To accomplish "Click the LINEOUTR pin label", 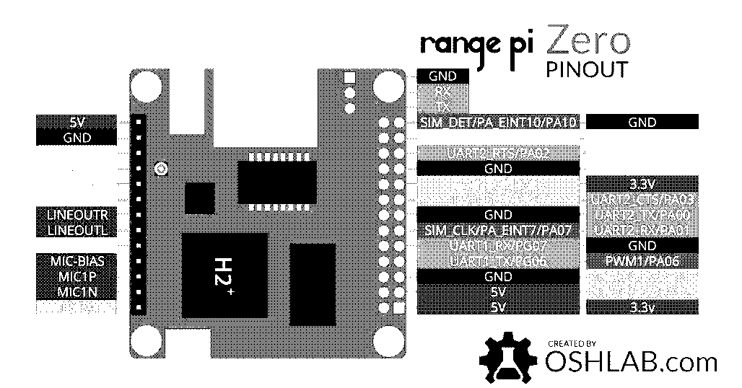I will (x=76, y=215).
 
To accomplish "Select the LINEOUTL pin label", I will (x=76, y=230).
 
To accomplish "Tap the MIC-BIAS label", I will (x=76, y=260).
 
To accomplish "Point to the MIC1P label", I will (x=76, y=276).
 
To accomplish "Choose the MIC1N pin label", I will (x=76, y=291).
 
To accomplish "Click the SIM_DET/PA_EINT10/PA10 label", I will (x=499, y=123).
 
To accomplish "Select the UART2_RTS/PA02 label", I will (x=499, y=153).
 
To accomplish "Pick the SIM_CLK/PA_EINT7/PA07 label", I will (x=499, y=231).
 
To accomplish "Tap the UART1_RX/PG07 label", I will (x=499, y=246).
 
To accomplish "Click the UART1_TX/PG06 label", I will (x=499, y=261).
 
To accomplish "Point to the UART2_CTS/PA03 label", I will (x=642, y=199).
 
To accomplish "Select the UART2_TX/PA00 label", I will (x=642, y=215).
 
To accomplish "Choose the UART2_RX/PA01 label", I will (x=642, y=230).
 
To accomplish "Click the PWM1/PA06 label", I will (x=642, y=261).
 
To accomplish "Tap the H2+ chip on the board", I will (x=223, y=275).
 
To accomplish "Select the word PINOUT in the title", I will (x=586, y=71).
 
